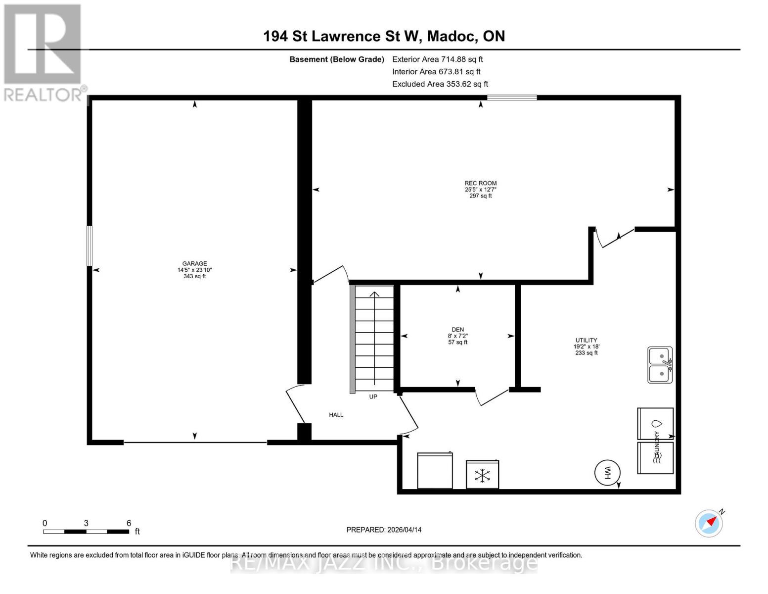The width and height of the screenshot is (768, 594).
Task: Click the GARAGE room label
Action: pyautogui.click(x=194, y=264)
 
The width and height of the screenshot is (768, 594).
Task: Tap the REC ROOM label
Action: pyautogui.click(x=480, y=183)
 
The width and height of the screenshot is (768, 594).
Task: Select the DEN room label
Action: pyautogui.click(x=457, y=330)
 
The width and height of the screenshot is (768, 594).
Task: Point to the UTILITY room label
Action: pyautogui.click(x=586, y=341)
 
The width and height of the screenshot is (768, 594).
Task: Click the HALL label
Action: pyautogui.click(x=336, y=415)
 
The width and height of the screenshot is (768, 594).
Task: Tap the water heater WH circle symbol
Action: pyautogui.click(x=607, y=472)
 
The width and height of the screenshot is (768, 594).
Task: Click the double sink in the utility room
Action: pyautogui.click(x=660, y=365)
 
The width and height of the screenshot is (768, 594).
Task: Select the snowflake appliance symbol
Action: pyautogui.click(x=482, y=475)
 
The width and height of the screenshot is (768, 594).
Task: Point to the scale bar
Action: pyautogui.click(x=86, y=531)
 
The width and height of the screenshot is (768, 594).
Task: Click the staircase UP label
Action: pyautogui.click(x=373, y=396)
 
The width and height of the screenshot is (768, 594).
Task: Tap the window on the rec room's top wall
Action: pyautogui.click(x=512, y=98)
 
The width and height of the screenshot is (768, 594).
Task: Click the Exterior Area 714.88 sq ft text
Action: pyautogui.click(x=437, y=59)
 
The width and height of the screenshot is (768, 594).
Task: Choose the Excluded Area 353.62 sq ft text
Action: pyautogui.click(x=440, y=84)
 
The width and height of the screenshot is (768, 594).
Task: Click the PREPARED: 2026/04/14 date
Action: pyautogui.click(x=384, y=530)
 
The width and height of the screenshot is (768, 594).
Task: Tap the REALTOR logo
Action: pyautogui.click(x=44, y=52)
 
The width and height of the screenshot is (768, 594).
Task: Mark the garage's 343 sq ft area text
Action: pyautogui.click(x=194, y=276)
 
